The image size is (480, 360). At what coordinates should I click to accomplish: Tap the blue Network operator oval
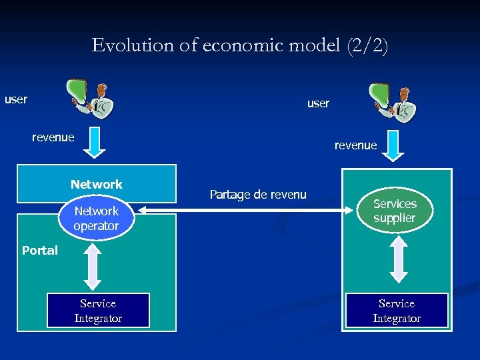(x=97, y=219)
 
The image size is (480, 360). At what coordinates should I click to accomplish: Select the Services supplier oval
(x=395, y=211)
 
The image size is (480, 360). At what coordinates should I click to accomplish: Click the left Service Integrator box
(x=98, y=311)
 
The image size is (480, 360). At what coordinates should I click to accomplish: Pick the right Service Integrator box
(x=397, y=311)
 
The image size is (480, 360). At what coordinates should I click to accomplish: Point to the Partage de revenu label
(x=258, y=195)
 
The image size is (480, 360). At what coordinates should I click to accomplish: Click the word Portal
(x=40, y=251)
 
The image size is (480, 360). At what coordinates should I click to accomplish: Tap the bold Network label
(x=97, y=184)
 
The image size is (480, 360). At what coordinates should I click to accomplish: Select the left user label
(x=16, y=100)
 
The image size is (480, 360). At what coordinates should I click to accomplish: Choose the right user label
(x=318, y=103)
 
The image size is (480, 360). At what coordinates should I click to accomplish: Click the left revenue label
(x=53, y=137)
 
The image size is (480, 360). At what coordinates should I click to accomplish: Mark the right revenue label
(x=355, y=145)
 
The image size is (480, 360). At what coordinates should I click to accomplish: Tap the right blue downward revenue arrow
(x=393, y=146)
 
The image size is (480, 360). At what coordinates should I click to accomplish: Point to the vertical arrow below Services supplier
(x=399, y=259)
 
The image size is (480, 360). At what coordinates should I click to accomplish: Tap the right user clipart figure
(x=393, y=103)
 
